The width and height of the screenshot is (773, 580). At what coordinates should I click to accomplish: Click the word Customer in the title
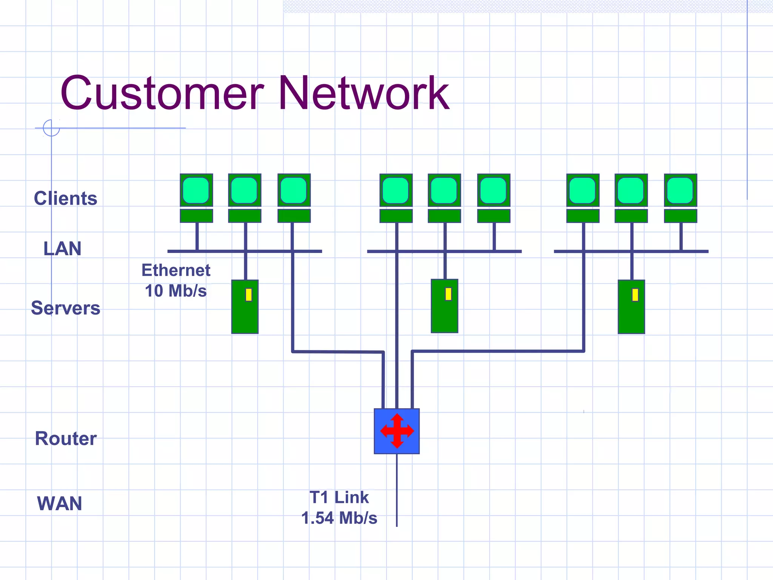pos(162,93)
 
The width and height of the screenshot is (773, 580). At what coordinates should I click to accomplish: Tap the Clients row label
pos(65,198)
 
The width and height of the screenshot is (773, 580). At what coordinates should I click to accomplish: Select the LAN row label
pos(62,248)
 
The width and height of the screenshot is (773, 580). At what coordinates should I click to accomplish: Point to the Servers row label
pos(65,308)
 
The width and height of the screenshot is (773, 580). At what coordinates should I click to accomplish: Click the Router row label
pos(66,438)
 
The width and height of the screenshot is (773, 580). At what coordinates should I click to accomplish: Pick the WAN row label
pos(59,503)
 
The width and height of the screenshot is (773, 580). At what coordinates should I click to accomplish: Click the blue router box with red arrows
pos(397,431)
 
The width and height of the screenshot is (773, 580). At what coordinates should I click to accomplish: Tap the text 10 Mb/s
pos(176,291)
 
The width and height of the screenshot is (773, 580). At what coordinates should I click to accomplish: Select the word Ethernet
pos(176,270)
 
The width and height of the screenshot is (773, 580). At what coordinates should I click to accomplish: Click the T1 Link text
pos(339,497)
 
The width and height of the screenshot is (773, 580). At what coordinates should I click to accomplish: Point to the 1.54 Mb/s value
pos(339,518)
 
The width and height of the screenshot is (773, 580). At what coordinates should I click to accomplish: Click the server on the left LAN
pos(245,307)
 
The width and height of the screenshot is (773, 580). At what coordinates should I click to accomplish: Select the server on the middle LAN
pos(444,306)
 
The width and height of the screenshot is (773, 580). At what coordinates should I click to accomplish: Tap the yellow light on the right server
pos(635,295)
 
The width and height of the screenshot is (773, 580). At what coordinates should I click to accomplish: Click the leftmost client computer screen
pos(196,190)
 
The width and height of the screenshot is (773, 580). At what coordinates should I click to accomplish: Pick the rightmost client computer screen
pos(680,190)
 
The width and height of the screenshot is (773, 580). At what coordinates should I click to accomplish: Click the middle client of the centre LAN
pos(444,190)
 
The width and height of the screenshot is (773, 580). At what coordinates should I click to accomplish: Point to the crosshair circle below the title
pos(51,128)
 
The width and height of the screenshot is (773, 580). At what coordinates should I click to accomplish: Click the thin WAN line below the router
pos(397,491)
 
